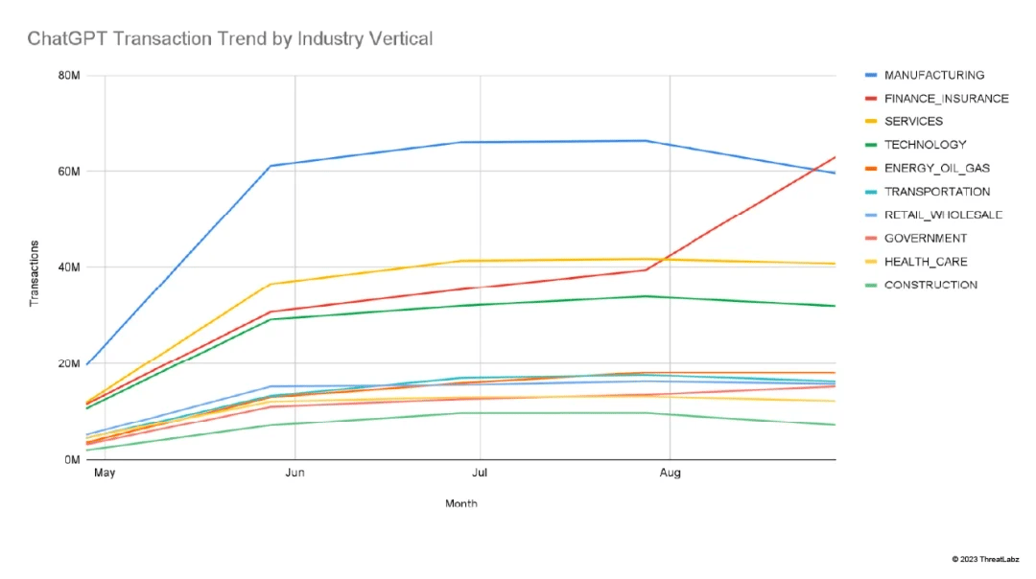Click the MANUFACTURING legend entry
[933, 75]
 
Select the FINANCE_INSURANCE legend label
[946, 98]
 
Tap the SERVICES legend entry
[913, 122]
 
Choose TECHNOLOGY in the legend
[925, 145]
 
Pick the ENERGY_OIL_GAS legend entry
[936, 168]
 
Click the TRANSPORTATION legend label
[936, 192]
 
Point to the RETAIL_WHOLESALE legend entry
[943, 215]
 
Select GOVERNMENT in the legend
[925, 238]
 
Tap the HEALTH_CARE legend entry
[925, 262]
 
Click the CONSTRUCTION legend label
[930, 285]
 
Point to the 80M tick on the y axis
[68, 76]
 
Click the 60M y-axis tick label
[68, 172]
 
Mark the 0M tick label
[71, 460]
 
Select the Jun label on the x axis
[294, 474]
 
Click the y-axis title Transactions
[35, 274]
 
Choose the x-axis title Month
[460, 503]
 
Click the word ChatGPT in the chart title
[64, 39]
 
